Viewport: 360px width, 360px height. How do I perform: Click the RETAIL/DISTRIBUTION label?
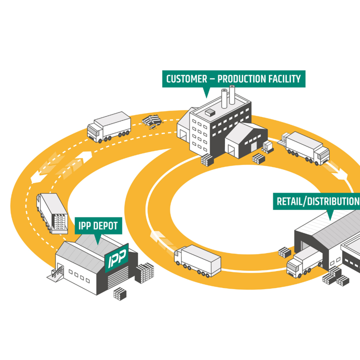point(318,201)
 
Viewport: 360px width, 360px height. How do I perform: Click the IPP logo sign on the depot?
point(116,258)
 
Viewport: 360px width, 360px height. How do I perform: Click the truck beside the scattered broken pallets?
point(108,127)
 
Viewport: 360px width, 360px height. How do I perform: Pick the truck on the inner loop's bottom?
point(197,260)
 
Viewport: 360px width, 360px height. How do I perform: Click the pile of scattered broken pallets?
point(153,121)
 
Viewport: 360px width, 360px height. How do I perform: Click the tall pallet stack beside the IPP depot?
point(145,273)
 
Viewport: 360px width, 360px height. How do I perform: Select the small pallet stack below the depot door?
point(120,293)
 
